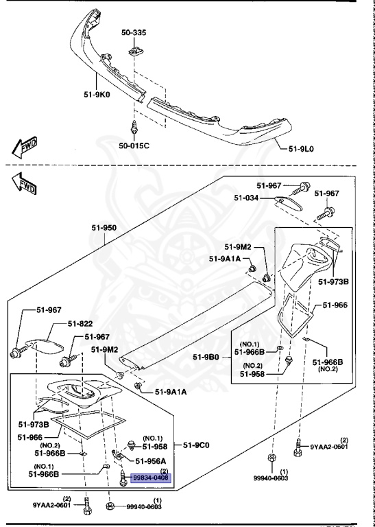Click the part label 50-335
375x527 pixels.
point(134,33)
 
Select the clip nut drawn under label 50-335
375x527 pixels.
point(134,51)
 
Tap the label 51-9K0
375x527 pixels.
point(97,95)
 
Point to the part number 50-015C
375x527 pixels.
point(134,145)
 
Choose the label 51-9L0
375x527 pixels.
point(301,148)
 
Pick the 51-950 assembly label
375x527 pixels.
point(104,228)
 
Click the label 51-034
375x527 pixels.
point(246,198)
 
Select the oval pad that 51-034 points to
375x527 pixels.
point(288,203)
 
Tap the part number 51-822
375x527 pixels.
point(80,324)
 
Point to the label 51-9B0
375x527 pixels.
point(206,357)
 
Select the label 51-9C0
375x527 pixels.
point(196,445)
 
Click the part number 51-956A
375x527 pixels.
point(151,460)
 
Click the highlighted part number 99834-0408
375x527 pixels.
point(151,478)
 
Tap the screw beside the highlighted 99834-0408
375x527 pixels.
point(123,478)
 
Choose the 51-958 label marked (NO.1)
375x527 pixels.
point(155,446)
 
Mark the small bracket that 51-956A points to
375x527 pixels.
point(117,455)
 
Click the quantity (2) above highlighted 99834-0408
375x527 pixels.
point(164,471)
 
